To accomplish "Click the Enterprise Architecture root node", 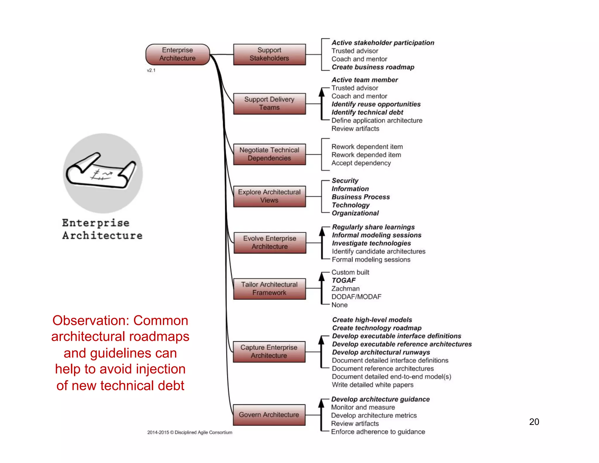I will click(178, 54).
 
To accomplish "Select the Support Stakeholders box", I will click(269, 54).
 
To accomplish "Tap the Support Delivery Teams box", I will click(269, 104).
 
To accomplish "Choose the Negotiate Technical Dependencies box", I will click(269, 154).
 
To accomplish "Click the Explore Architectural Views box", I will click(269, 196).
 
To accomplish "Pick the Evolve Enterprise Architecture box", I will click(270, 243).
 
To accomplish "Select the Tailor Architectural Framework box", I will click(269, 289).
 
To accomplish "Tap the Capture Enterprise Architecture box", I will click(269, 351).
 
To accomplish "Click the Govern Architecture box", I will click(269, 415).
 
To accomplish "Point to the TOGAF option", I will click(344, 280).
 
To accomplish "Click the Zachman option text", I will click(345, 289).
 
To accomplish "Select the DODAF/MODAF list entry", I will click(356, 297).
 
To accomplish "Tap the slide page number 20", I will click(534, 422).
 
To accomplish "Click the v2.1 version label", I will click(151, 71).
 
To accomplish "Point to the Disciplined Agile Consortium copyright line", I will click(190, 433).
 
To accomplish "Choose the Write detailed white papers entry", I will click(373, 385).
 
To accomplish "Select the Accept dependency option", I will click(361, 163).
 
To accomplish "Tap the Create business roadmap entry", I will click(373, 67).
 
